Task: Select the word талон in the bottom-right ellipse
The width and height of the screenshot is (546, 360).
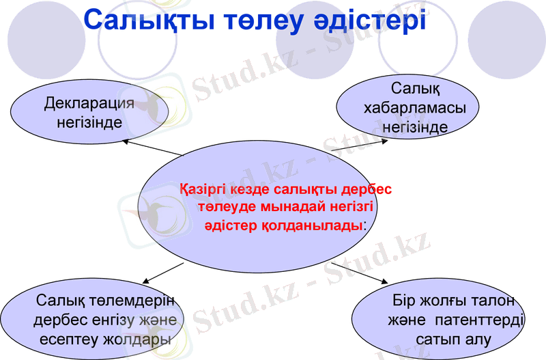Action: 489,301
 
